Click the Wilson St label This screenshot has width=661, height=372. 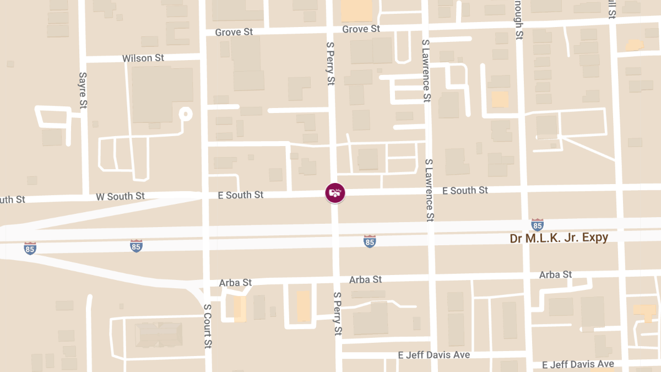(143, 58)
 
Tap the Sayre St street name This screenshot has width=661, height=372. (83, 90)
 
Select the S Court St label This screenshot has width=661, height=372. (207, 326)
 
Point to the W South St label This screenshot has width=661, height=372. (120, 196)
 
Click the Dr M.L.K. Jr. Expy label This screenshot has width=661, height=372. (559, 238)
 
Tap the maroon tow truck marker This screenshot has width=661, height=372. (335, 193)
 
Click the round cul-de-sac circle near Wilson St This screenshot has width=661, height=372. (186, 115)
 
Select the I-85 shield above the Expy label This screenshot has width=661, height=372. (537, 224)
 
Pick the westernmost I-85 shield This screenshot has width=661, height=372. (30, 249)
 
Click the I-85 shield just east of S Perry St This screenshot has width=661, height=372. (370, 241)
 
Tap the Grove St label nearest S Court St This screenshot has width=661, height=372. (234, 32)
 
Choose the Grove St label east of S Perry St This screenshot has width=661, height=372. (361, 29)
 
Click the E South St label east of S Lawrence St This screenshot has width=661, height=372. (465, 190)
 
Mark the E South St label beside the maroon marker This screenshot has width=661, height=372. (241, 195)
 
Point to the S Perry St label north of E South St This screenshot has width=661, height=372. (330, 64)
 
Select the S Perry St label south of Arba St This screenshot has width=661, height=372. (338, 314)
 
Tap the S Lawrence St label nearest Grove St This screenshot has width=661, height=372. (425, 71)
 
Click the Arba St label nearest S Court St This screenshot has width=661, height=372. (235, 283)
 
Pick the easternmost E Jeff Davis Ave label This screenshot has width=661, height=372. (578, 364)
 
